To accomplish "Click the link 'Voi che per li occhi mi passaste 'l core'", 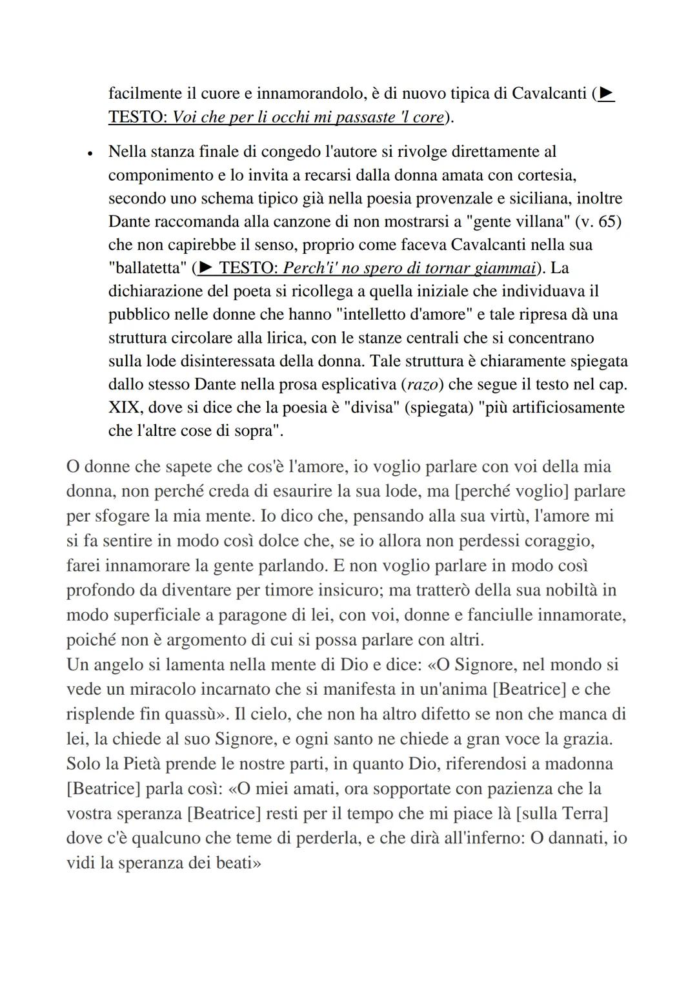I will pos(308,118).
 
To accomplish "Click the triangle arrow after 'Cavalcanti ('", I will pos(606,94).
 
